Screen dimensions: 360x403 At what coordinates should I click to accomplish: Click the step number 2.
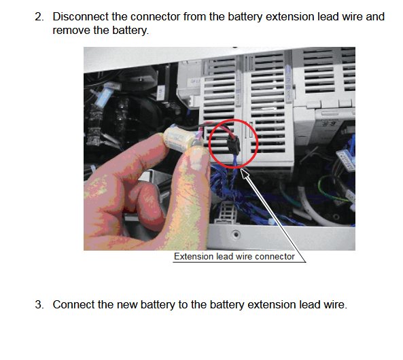tap(39, 16)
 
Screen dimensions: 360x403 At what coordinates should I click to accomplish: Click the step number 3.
tap(39, 305)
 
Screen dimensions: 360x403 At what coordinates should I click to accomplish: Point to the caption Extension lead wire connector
tap(234, 257)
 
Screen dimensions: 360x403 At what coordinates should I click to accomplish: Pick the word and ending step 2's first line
tap(375, 16)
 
